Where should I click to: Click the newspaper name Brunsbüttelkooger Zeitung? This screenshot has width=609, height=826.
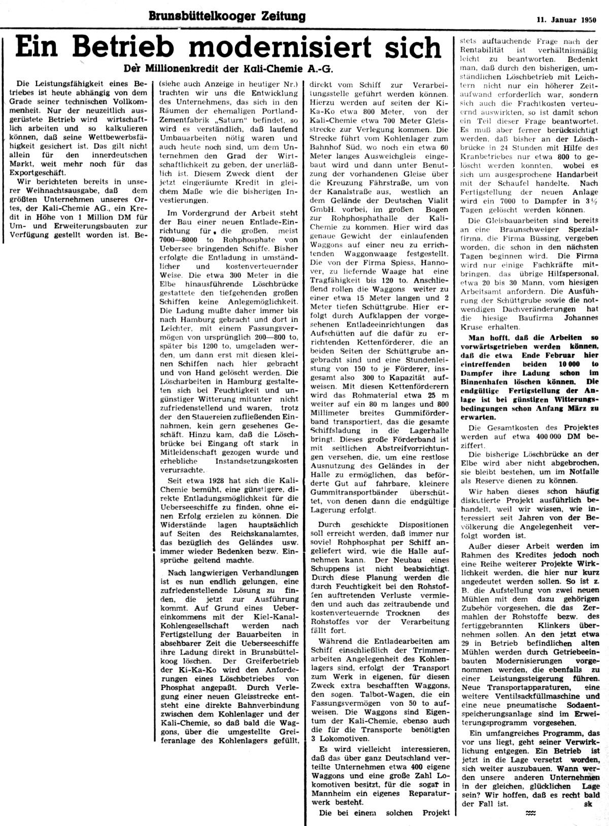pyautogui.click(x=227, y=16)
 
